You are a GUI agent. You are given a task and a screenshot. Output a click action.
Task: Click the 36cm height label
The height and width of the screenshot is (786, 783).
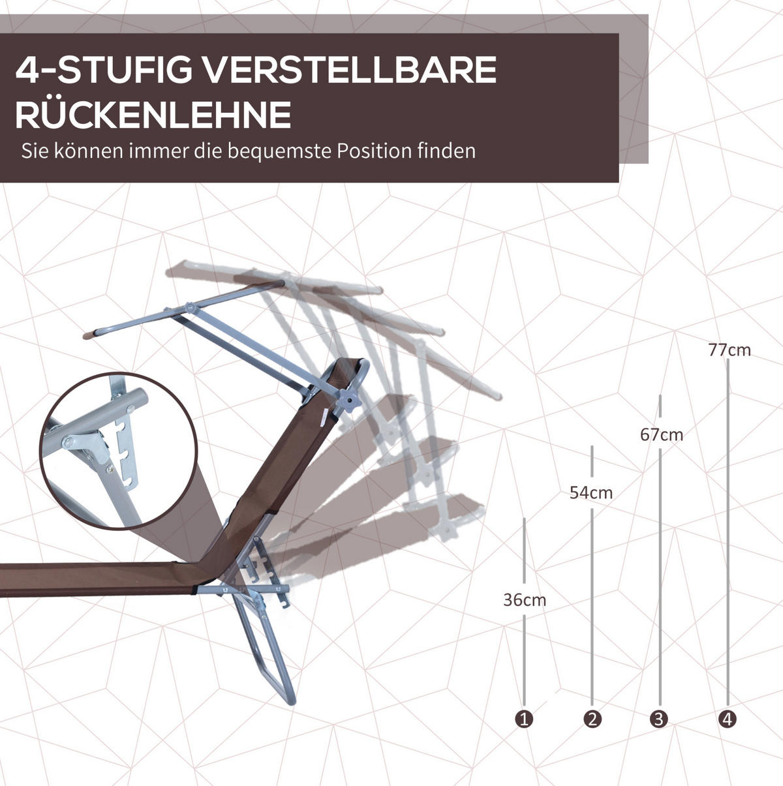pyautogui.click(x=525, y=600)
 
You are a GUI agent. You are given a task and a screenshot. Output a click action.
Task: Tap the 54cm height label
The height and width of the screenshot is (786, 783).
pyautogui.click(x=591, y=492)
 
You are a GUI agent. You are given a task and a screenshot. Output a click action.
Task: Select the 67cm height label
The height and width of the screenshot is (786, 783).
pyautogui.click(x=662, y=435)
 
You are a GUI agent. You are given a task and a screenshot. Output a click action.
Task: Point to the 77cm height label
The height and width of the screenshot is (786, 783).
pyautogui.click(x=729, y=350)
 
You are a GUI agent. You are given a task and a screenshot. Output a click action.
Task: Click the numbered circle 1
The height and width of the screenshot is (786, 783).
pyautogui.click(x=525, y=719)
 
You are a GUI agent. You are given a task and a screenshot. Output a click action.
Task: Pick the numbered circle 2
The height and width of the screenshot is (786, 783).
pyautogui.click(x=592, y=719)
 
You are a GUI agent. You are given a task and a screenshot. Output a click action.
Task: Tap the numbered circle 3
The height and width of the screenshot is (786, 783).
pyautogui.click(x=659, y=719)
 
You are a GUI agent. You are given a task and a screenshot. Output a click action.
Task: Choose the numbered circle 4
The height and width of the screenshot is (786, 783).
pyautogui.click(x=728, y=719)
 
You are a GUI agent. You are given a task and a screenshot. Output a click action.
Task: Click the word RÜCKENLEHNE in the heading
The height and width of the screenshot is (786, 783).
pyautogui.click(x=153, y=115)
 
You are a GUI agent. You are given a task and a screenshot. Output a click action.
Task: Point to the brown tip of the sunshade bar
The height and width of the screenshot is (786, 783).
pyautogui.click(x=89, y=335)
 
